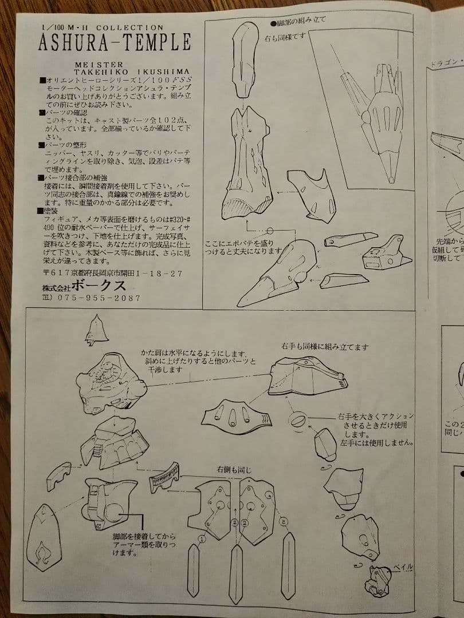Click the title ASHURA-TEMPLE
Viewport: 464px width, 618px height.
click(x=115, y=42)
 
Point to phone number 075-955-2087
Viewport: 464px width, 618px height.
click(x=97, y=298)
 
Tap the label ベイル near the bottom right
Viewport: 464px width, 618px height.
click(x=403, y=567)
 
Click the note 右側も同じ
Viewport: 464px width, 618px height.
click(x=233, y=470)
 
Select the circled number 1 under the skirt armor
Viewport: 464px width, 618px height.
click(x=202, y=538)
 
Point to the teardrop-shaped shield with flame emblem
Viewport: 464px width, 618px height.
click(x=44, y=537)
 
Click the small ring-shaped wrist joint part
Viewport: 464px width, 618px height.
click(x=298, y=421)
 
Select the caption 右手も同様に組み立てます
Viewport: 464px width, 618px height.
click(x=324, y=347)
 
